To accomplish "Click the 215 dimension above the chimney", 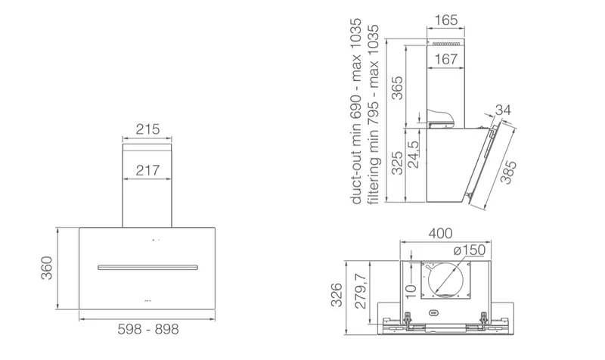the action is click(147, 129).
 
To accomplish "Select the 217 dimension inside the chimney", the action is click(147, 170).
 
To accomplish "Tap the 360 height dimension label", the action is click(47, 268).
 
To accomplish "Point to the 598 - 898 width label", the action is click(148, 329).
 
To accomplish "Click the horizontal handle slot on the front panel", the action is click(147, 267).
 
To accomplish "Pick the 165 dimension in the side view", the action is click(446, 20).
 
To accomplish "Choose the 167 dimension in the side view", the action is click(446, 59).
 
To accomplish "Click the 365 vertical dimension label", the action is click(397, 88).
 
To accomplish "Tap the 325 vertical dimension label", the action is click(397, 163).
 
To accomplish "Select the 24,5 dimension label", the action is click(413, 154).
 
